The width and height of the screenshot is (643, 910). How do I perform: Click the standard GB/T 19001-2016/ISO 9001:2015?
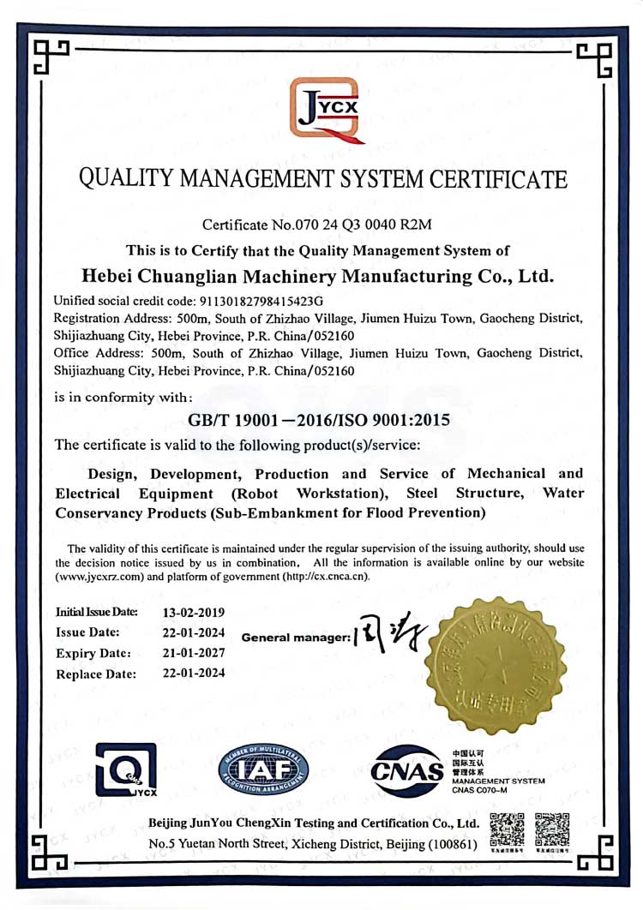pos(319,421)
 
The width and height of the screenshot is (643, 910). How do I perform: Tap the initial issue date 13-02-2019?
pos(194,613)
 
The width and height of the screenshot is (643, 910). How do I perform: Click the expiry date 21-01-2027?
pos(194,653)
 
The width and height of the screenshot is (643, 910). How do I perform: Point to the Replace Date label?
pos(96,674)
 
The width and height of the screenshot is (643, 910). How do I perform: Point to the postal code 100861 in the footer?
pos(451,844)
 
